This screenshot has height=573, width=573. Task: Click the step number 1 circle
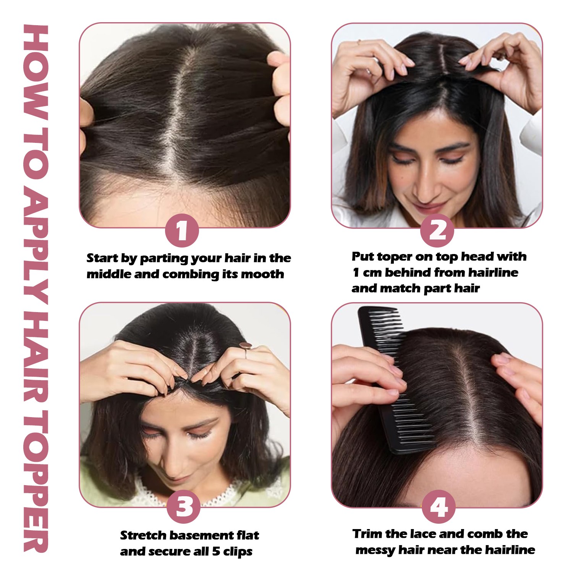tap(182, 231)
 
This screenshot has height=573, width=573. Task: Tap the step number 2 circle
tap(437, 230)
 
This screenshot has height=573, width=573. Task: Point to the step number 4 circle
tap(439, 507)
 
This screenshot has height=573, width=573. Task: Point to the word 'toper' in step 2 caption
tap(395, 257)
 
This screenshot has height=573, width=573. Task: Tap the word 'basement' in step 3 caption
tap(201, 535)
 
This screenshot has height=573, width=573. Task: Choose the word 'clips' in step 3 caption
tap(238, 552)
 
